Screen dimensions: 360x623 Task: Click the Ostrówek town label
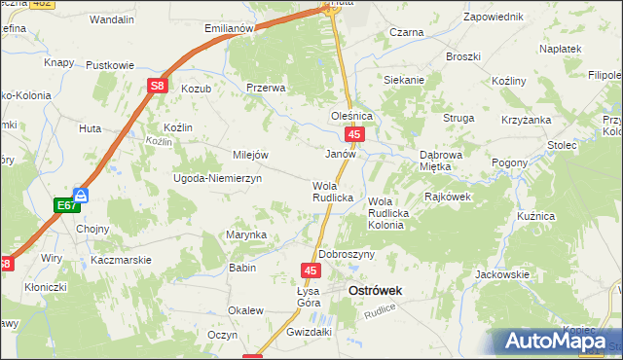click(376, 290)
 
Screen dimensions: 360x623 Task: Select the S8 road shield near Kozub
click(158, 87)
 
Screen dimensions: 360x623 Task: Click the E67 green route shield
click(65, 205)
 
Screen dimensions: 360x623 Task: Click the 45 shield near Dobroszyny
click(310, 270)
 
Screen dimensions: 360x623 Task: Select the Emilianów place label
click(229, 28)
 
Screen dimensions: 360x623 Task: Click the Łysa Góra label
click(308, 297)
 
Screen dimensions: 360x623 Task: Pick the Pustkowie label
click(110, 65)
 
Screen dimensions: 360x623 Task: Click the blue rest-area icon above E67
click(83, 195)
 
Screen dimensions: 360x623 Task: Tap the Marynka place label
click(246, 234)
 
